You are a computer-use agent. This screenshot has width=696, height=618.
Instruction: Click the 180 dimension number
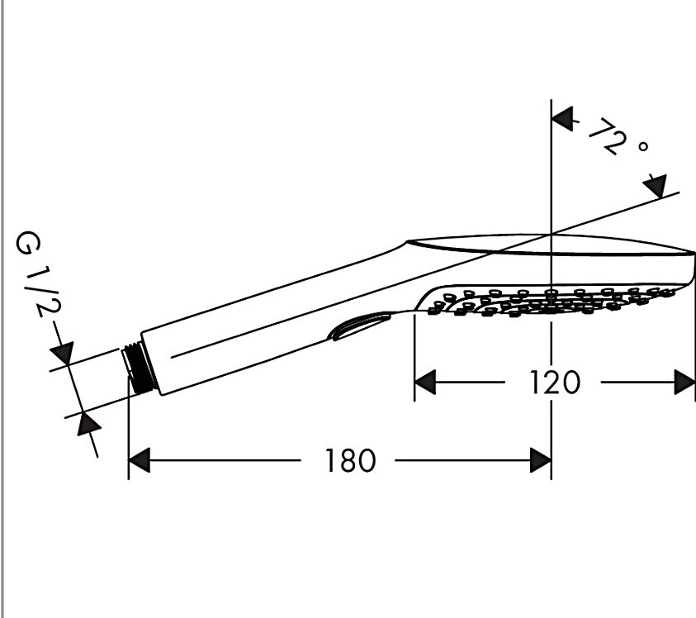pyautogui.click(x=350, y=460)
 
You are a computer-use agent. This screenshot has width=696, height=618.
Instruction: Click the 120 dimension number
pyautogui.click(x=554, y=383)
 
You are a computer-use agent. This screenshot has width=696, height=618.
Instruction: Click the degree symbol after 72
pyautogui.click(x=642, y=146)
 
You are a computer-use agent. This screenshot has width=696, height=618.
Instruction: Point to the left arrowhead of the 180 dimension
pyautogui.click(x=140, y=460)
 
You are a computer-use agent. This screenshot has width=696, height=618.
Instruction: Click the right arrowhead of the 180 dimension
pyautogui.click(x=541, y=460)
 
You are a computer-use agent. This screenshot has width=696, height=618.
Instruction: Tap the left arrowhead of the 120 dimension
pyautogui.click(x=424, y=383)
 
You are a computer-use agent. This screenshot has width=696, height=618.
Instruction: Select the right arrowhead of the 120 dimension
pyautogui.click(x=684, y=383)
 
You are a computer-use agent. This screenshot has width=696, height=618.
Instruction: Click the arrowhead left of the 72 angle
pyautogui.click(x=562, y=120)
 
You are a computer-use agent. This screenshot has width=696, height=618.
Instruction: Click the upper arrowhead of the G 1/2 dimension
pyautogui.click(x=64, y=353)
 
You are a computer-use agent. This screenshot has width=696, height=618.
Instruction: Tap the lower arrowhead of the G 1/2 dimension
pyautogui.click(x=88, y=425)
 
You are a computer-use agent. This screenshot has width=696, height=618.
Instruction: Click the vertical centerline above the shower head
pyautogui.click(x=551, y=165)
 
